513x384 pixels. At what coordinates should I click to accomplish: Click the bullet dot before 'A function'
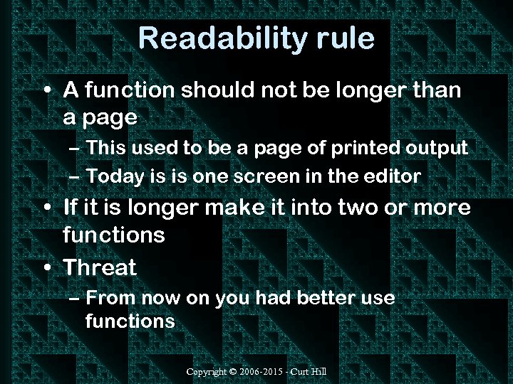46,91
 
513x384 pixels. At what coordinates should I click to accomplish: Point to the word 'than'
435,90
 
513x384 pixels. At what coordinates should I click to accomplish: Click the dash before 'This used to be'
76,149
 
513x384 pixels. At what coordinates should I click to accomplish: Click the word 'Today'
117,176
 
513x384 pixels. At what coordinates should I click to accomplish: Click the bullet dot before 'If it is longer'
46,208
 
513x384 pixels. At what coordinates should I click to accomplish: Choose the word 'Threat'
100,267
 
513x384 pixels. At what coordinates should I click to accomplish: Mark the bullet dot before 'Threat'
46,268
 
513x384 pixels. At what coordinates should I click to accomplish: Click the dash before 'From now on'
76,298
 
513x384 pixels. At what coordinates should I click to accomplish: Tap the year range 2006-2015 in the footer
263,373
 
